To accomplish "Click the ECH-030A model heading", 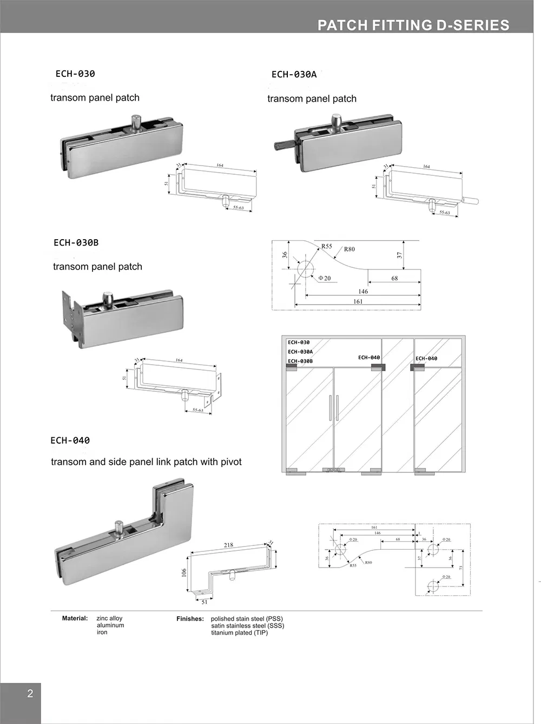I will (294, 75).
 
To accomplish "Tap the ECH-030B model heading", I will (76, 242).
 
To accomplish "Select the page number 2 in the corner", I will (30, 694).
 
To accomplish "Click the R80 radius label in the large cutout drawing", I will (349, 249).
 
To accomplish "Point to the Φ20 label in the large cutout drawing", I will (324, 278).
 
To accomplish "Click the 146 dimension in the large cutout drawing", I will (363, 291).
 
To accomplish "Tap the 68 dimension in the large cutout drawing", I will (394, 278).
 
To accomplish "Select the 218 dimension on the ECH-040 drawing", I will (228, 545).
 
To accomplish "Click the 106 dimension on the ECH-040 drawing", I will (184, 572).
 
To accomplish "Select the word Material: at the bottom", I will (75, 618).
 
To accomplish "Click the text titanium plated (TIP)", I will (239, 633).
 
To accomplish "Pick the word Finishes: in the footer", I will (190, 618).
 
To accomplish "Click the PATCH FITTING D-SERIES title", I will (413, 25).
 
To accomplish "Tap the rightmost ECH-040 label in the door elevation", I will (426, 358).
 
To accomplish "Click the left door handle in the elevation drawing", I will (329, 407).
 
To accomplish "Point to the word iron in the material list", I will (102, 632).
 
